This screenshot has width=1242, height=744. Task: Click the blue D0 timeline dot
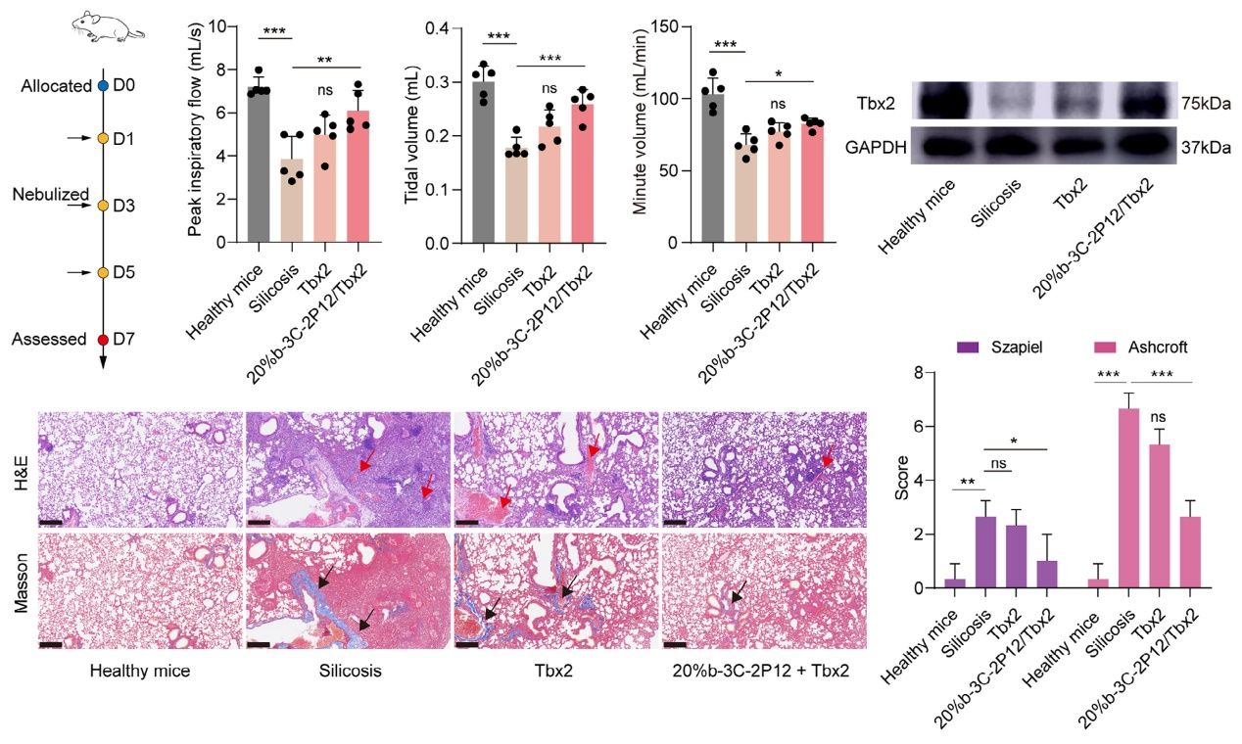(x=103, y=86)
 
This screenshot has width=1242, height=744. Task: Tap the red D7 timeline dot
(x=103, y=340)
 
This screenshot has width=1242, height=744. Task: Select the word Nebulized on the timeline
(x=51, y=195)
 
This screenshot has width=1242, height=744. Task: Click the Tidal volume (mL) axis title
(x=411, y=134)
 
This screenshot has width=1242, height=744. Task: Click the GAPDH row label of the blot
(x=875, y=148)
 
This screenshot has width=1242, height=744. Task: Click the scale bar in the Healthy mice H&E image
(x=53, y=522)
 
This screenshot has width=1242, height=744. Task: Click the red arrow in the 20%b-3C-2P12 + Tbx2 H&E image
(x=828, y=454)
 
